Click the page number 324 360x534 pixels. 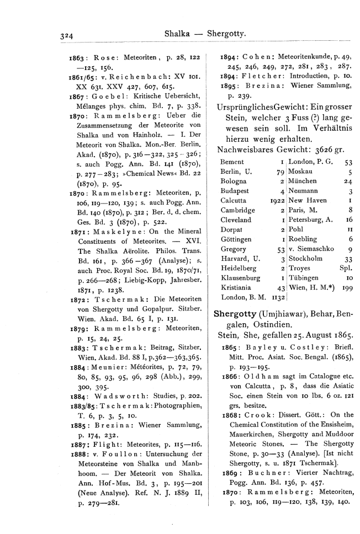tap(68, 35)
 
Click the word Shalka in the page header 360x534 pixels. tap(178, 34)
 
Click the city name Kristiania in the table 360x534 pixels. tap(235, 287)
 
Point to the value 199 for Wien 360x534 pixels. tap(346, 287)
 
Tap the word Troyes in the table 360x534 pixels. tap(299, 268)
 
